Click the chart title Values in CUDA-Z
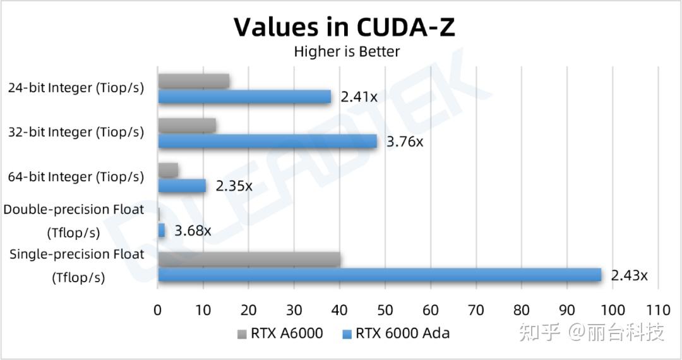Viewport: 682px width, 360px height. point(344,27)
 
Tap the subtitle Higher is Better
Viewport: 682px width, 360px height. point(347,52)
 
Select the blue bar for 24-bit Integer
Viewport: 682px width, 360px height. point(244,97)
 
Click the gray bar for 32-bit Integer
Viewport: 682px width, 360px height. point(187,126)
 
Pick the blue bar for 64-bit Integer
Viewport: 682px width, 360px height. point(182,186)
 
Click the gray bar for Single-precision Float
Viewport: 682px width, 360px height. point(249,260)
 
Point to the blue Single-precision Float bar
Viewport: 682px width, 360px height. point(379,275)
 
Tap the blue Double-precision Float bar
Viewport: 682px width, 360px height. point(162,231)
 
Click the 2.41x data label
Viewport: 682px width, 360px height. point(359,97)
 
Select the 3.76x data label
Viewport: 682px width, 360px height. point(405,141)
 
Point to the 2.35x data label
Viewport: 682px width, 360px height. point(234,186)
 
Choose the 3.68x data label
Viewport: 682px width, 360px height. point(193,231)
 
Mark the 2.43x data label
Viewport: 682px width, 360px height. point(629,275)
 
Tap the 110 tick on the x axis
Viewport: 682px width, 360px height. point(657,310)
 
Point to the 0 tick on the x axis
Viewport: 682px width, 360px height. point(158,310)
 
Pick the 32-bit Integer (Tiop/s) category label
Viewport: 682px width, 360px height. point(76,133)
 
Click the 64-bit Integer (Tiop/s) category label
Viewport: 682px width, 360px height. point(76,177)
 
